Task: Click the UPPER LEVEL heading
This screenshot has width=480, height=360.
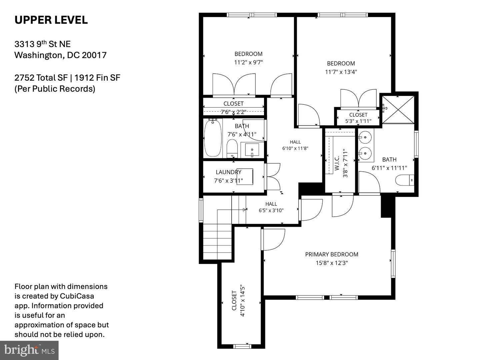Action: pos(51,20)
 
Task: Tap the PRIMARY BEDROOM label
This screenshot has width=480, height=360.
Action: pos(332,254)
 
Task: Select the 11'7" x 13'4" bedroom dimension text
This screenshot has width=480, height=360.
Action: pos(341,72)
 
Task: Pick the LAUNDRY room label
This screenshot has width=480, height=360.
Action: pos(229,172)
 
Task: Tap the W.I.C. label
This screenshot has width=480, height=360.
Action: pos(337,163)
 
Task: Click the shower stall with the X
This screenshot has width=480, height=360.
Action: pos(398,110)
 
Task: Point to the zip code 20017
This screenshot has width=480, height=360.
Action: pos(94,55)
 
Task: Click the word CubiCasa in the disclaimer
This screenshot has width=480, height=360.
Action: pos(77,296)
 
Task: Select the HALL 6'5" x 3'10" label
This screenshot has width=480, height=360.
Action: pos(271,207)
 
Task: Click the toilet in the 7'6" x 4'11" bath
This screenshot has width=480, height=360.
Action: pos(232,149)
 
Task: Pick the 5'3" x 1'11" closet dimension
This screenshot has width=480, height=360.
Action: pos(358,121)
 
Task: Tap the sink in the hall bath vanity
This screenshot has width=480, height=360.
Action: pos(252,150)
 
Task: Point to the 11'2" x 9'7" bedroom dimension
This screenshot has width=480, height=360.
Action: pos(248,63)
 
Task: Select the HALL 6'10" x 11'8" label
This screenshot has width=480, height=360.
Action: pos(295,145)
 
